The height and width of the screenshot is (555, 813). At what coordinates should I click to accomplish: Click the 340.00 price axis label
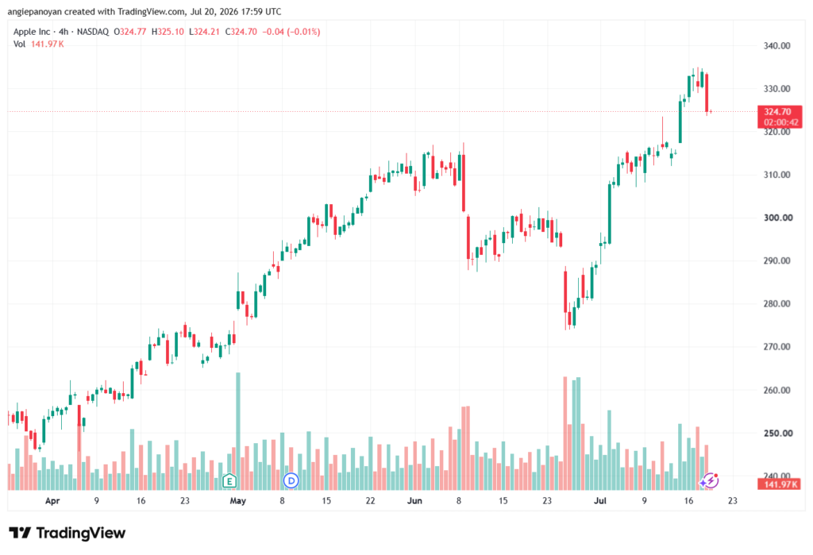[x=776, y=45]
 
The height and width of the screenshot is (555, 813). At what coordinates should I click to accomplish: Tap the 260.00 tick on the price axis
[x=776, y=390]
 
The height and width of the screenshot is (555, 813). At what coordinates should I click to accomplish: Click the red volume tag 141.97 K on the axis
[x=779, y=484]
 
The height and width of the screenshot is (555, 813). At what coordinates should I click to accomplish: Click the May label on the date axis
[x=237, y=501]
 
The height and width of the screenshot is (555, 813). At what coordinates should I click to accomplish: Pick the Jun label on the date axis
[x=414, y=501]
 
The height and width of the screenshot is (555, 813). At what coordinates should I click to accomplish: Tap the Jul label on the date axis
[x=600, y=501]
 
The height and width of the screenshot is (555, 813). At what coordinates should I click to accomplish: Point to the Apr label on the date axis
[x=52, y=501]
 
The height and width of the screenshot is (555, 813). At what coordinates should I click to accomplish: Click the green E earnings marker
[x=229, y=481]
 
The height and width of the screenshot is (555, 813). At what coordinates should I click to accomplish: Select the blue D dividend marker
[x=291, y=481]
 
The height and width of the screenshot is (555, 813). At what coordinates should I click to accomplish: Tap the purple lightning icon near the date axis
[x=709, y=481]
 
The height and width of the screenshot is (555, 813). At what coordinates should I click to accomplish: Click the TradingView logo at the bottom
[x=67, y=533]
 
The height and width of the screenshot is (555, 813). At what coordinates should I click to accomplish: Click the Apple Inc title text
[x=32, y=32]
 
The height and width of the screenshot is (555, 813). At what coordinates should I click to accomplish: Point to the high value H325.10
[x=168, y=32]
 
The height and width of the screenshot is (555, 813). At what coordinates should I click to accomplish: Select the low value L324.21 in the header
[x=204, y=32]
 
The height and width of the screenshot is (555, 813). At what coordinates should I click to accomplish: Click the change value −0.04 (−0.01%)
[x=291, y=32]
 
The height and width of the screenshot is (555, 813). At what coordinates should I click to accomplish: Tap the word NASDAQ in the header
[x=93, y=32]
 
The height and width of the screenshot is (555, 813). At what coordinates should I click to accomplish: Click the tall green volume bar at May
[x=238, y=431]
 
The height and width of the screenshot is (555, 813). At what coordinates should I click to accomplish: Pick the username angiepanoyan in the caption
[x=34, y=11]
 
